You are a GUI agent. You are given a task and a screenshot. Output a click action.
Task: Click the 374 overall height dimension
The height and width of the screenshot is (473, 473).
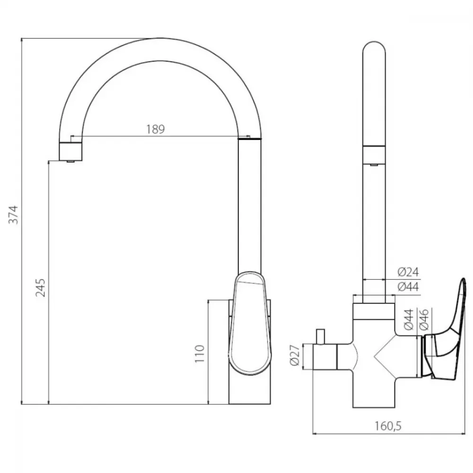pos(13,215)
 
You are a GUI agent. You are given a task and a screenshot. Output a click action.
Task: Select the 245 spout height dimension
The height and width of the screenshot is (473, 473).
pos(40,288)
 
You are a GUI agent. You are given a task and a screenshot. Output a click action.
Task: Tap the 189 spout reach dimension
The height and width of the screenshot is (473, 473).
pos(156,129)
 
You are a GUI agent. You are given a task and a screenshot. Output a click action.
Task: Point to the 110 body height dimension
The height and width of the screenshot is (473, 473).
pos(200,353)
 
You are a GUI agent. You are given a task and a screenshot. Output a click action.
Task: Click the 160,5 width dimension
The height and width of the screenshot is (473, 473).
pos(388,426)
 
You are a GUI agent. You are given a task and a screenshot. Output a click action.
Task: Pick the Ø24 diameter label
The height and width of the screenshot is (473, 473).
pos(408,272)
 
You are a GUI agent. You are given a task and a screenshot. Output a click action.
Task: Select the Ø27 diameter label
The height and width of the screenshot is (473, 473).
pos(295,355)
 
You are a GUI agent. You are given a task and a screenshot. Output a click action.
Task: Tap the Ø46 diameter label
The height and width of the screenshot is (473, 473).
pos(424,319)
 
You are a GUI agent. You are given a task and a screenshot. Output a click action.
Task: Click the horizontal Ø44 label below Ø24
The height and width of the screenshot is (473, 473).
pos(408,286)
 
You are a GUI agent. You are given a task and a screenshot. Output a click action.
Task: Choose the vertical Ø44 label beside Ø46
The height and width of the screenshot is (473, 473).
pos(409,319)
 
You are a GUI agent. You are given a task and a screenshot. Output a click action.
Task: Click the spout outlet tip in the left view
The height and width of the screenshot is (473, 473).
pos(70,161)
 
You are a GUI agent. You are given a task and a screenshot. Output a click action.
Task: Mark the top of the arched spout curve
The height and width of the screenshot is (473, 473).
pos(161,38)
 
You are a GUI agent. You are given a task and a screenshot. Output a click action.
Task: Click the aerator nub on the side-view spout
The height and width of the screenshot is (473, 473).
pos(374,165)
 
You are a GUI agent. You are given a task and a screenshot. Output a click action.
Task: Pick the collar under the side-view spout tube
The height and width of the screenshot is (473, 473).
pos(374,311)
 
